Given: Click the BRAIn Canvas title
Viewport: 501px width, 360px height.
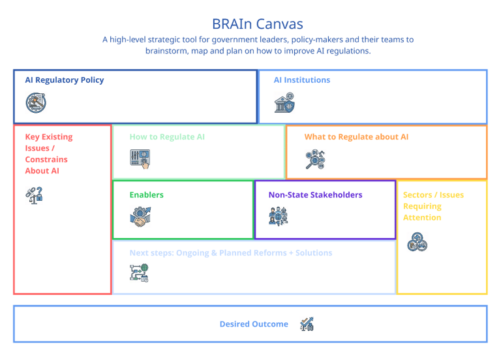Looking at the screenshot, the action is pyautogui.click(x=258, y=24).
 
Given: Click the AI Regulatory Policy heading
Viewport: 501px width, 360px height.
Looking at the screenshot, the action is pyautogui.click(x=65, y=80).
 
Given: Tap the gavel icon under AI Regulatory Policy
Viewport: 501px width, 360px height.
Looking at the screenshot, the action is pyautogui.click(x=36, y=103).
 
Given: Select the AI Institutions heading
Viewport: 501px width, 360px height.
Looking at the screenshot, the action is pyautogui.click(x=302, y=80).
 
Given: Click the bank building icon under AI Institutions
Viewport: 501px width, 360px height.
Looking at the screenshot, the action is pyautogui.click(x=284, y=102).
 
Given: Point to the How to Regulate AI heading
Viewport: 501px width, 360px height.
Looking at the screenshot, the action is pyautogui.click(x=167, y=137).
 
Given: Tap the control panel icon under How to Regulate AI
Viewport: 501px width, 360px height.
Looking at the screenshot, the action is pyautogui.click(x=140, y=158).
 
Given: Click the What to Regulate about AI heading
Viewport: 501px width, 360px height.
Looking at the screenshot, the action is pyautogui.click(x=356, y=137).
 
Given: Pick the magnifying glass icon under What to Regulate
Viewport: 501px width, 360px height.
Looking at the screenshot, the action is pyautogui.click(x=315, y=159).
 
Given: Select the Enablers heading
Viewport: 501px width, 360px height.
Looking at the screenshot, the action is pyautogui.click(x=146, y=195).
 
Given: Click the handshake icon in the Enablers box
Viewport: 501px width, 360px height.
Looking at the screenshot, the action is pyautogui.click(x=140, y=217).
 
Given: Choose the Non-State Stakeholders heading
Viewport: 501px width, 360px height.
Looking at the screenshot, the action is pyautogui.click(x=315, y=195).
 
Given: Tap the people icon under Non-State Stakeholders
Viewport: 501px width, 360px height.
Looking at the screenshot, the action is pyautogui.click(x=279, y=217).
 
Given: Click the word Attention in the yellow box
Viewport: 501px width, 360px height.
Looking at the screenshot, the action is pyautogui.click(x=422, y=218).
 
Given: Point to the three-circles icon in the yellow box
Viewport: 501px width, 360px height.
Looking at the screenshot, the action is pyautogui.click(x=417, y=242).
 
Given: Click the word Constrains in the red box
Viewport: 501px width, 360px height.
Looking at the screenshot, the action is pyautogui.click(x=46, y=159).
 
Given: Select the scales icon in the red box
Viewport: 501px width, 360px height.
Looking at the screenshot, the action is pyautogui.click(x=34, y=196).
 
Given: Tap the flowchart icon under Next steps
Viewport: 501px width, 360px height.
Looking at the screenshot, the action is pyautogui.click(x=140, y=273).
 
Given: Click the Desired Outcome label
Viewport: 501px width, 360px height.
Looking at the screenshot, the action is pyautogui.click(x=254, y=324).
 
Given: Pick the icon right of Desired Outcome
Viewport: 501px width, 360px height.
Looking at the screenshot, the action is pyautogui.click(x=307, y=324).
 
